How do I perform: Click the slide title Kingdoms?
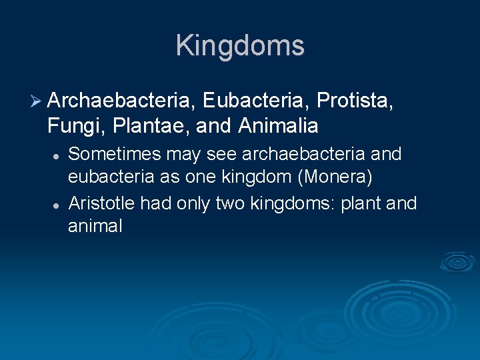(x=240, y=45)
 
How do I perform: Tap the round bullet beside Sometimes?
(x=57, y=155)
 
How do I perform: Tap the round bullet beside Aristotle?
(x=57, y=203)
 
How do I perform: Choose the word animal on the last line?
(x=95, y=227)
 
